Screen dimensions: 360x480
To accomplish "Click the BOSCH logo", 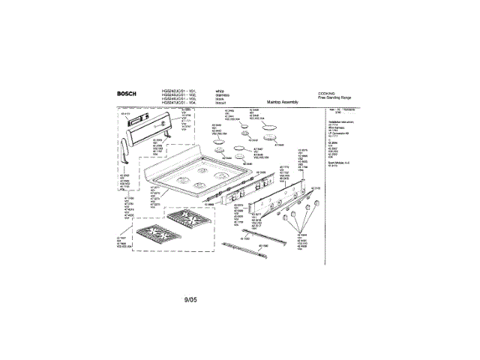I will coord(128,94).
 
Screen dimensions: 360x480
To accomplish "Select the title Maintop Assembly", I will coord(283,102).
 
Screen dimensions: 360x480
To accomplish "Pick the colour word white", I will coord(220,90).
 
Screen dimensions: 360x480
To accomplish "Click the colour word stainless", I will coord(222,94).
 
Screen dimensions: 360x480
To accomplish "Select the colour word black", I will coord(220,99).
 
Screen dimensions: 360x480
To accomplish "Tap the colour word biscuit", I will coord(220,103).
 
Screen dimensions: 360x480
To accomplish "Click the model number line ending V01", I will coord(178,90).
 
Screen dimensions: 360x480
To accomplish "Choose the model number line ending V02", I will coord(178,94).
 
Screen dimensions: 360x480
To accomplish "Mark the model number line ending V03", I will coord(178,99).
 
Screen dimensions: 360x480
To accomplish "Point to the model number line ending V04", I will coord(178,103).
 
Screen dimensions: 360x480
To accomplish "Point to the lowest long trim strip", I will coord(253,251).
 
